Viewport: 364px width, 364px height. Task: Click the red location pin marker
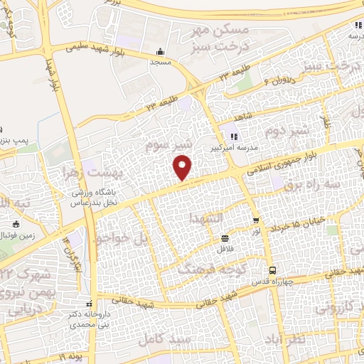[x=183, y=168]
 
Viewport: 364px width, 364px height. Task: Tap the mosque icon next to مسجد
[x=160, y=51]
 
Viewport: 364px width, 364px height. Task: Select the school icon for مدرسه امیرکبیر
[x=233, y=136]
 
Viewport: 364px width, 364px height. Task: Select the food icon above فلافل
[x=225, y=238]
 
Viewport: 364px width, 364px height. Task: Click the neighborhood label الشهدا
[x=206, y=218]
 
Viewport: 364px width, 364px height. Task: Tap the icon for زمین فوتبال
[x=15, y=225]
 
